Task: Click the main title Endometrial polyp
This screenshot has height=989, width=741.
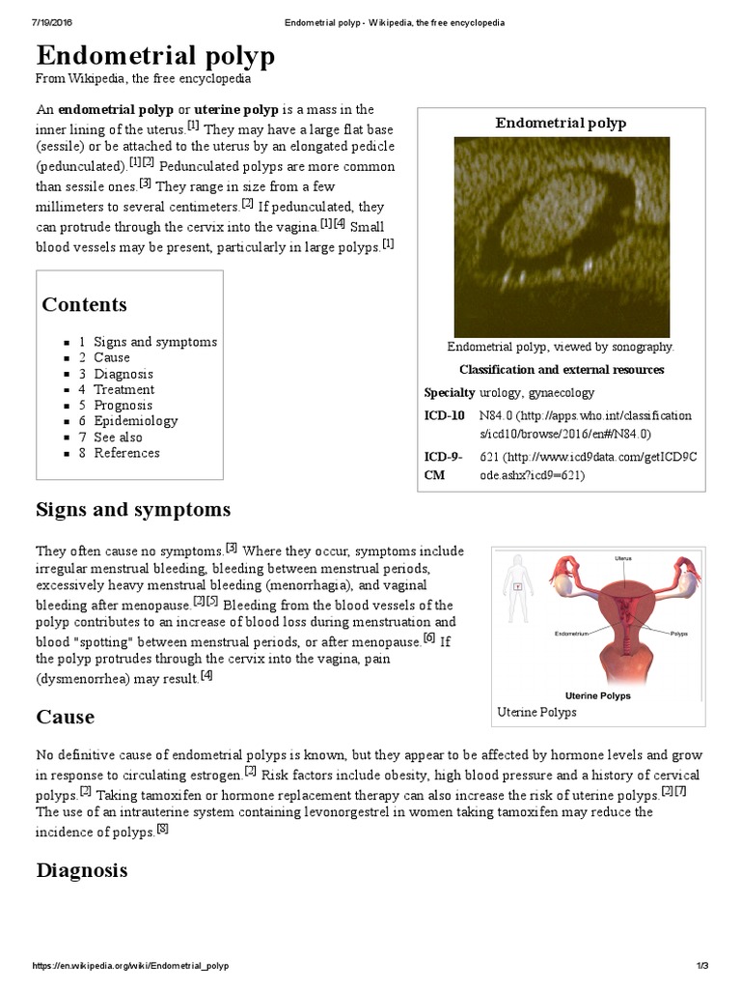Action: pyautogui.click(x=155, y=56)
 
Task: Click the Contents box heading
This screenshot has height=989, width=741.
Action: pyautogui.click(x=84, y=304)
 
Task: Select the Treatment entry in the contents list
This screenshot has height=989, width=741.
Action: pyautogui.click(x=123, y=389)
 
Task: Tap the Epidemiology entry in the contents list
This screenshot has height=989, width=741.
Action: pyautogui.click(x=135, y=421)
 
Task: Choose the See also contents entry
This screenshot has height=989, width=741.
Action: pyautogui.click(x=118, y=437)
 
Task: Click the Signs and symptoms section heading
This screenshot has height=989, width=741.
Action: pyautogui.click(x=133, y=509)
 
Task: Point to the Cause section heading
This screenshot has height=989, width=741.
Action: pyautogui.click(x=65, y=717)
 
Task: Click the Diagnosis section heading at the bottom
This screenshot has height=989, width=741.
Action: pyautogui.click(x=81, y=870)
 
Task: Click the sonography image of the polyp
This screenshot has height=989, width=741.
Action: pyautogui.click(x=561, y=236)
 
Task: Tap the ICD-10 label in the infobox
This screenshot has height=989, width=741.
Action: pyautogui.click(x=444, y=415)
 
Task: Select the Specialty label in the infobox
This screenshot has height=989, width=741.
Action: pyautogui.click(x=449, y=392)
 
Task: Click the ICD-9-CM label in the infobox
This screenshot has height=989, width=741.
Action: pyautogui.click(x=444, y=465)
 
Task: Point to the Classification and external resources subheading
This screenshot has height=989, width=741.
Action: pyautogui.click(x=561, y=370)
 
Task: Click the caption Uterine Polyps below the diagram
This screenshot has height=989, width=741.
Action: pyautogui.click(x=536, y=712)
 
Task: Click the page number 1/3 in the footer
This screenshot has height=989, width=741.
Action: pyautogui.click(x=701, y=966)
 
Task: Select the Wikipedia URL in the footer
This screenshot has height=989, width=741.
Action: pyautogui.click(x=130, y=966)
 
